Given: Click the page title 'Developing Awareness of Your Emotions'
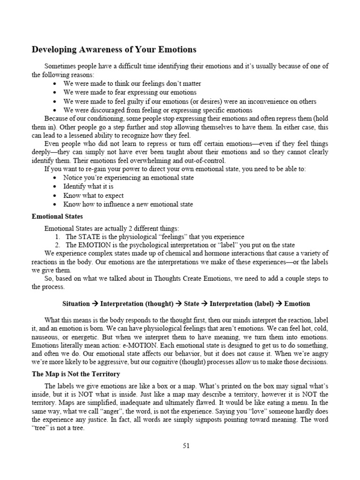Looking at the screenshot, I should (114, 49).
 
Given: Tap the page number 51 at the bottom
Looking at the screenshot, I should (186, 446).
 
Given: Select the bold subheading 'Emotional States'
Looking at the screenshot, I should (57, 217).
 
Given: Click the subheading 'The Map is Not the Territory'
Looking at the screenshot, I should (76, 374).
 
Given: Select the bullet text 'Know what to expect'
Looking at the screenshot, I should (94, 195).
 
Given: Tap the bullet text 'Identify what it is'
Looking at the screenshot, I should (89, 186).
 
